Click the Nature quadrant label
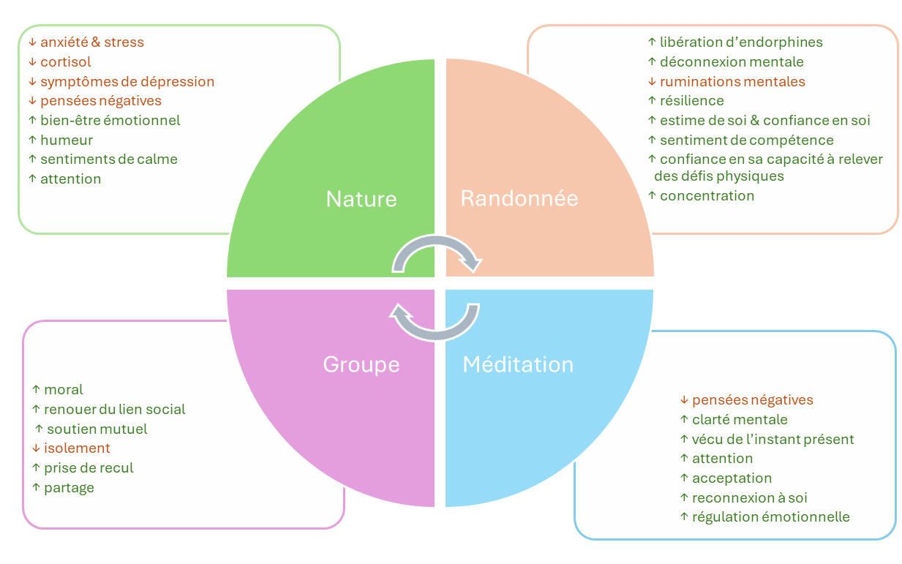tap(361, 199)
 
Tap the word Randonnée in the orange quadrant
tap(519, 198)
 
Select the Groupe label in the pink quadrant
tap(361, 364)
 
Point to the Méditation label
tap(518, 364)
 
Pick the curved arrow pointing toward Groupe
tap(435, 323)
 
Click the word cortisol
tap(66, 62)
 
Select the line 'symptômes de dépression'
tap(127, 81)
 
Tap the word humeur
tap(67, 140)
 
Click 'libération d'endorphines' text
tap(741, 42)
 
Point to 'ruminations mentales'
tap(732, 82)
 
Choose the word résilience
tap(692, 101)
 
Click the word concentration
tap(707, 196)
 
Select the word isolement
tap(77, 448)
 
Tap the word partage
tap(69, 488)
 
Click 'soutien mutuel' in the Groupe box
tap(97, 429)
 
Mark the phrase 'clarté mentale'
tap(740, 420)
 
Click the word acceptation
tap(732, 478)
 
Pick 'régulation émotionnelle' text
tap(770, 517)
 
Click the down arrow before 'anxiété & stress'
tap(32, 42)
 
